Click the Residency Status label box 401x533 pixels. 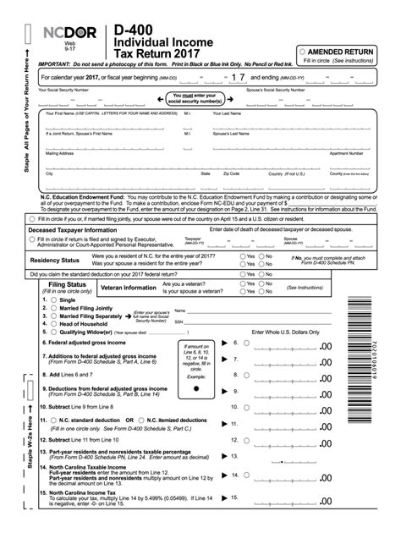pyautogui.click(x=54, y=261)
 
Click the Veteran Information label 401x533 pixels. pyautogui.click(x=128, y=288)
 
